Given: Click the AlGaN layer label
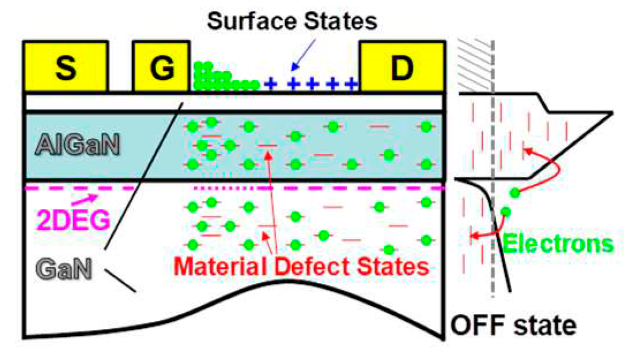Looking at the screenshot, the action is pos(77,145).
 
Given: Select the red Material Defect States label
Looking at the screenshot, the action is pos(302,267).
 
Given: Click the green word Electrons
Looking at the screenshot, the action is pos(558,244).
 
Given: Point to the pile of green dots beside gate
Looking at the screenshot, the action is pos(219,78).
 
